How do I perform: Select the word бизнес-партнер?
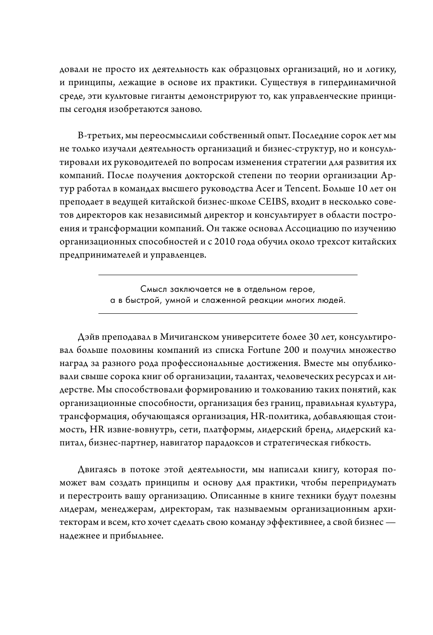pos(118,442)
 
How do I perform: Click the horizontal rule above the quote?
pos(228,275)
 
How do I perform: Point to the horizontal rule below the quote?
pos(228,314)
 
